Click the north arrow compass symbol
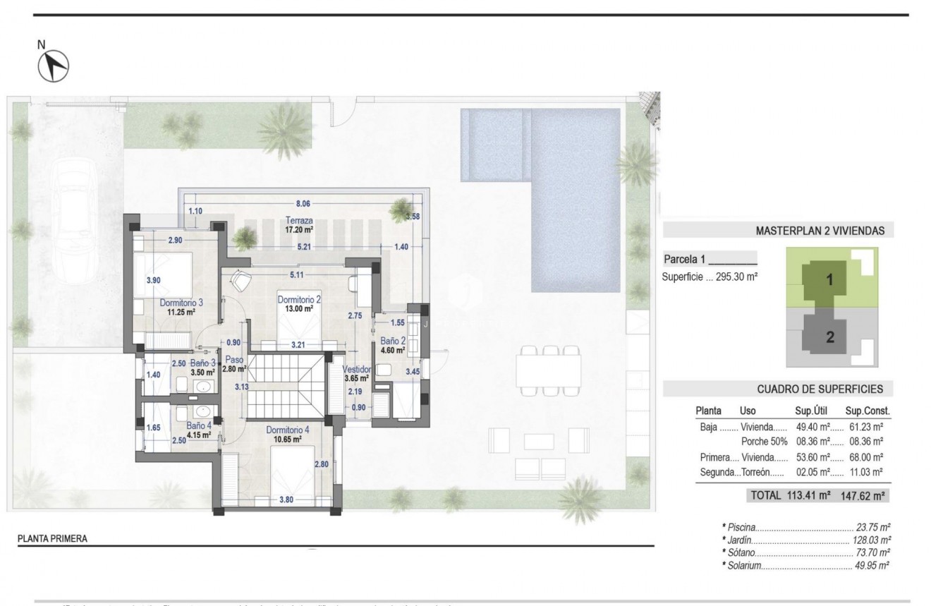pyautogui.click(x=53, y=66)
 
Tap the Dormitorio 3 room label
pyautogui.click(x=181, y=303)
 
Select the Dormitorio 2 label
pyautogui.click(x=299, y=300)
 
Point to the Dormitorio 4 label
pyautogui.click(x=287, y=430)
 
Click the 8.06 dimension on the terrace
pyautogui.click(x=303, y=203)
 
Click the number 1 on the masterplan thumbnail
pyautogui.click(x=829, y=279)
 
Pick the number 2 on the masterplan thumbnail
pyautogui.click(x=830, y=337)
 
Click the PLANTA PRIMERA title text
pyautogui.click(x=52, y=539)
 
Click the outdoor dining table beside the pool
pyautogui.click(x=548, y=370)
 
